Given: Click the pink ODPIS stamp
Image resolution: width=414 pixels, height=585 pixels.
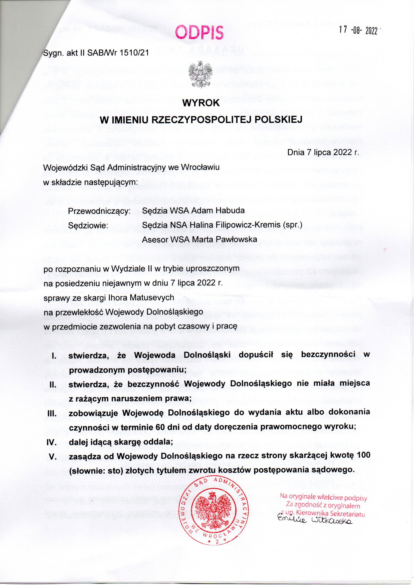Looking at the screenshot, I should coord(199,32).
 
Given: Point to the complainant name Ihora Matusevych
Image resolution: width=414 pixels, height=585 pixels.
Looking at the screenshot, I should coord(143,297).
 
